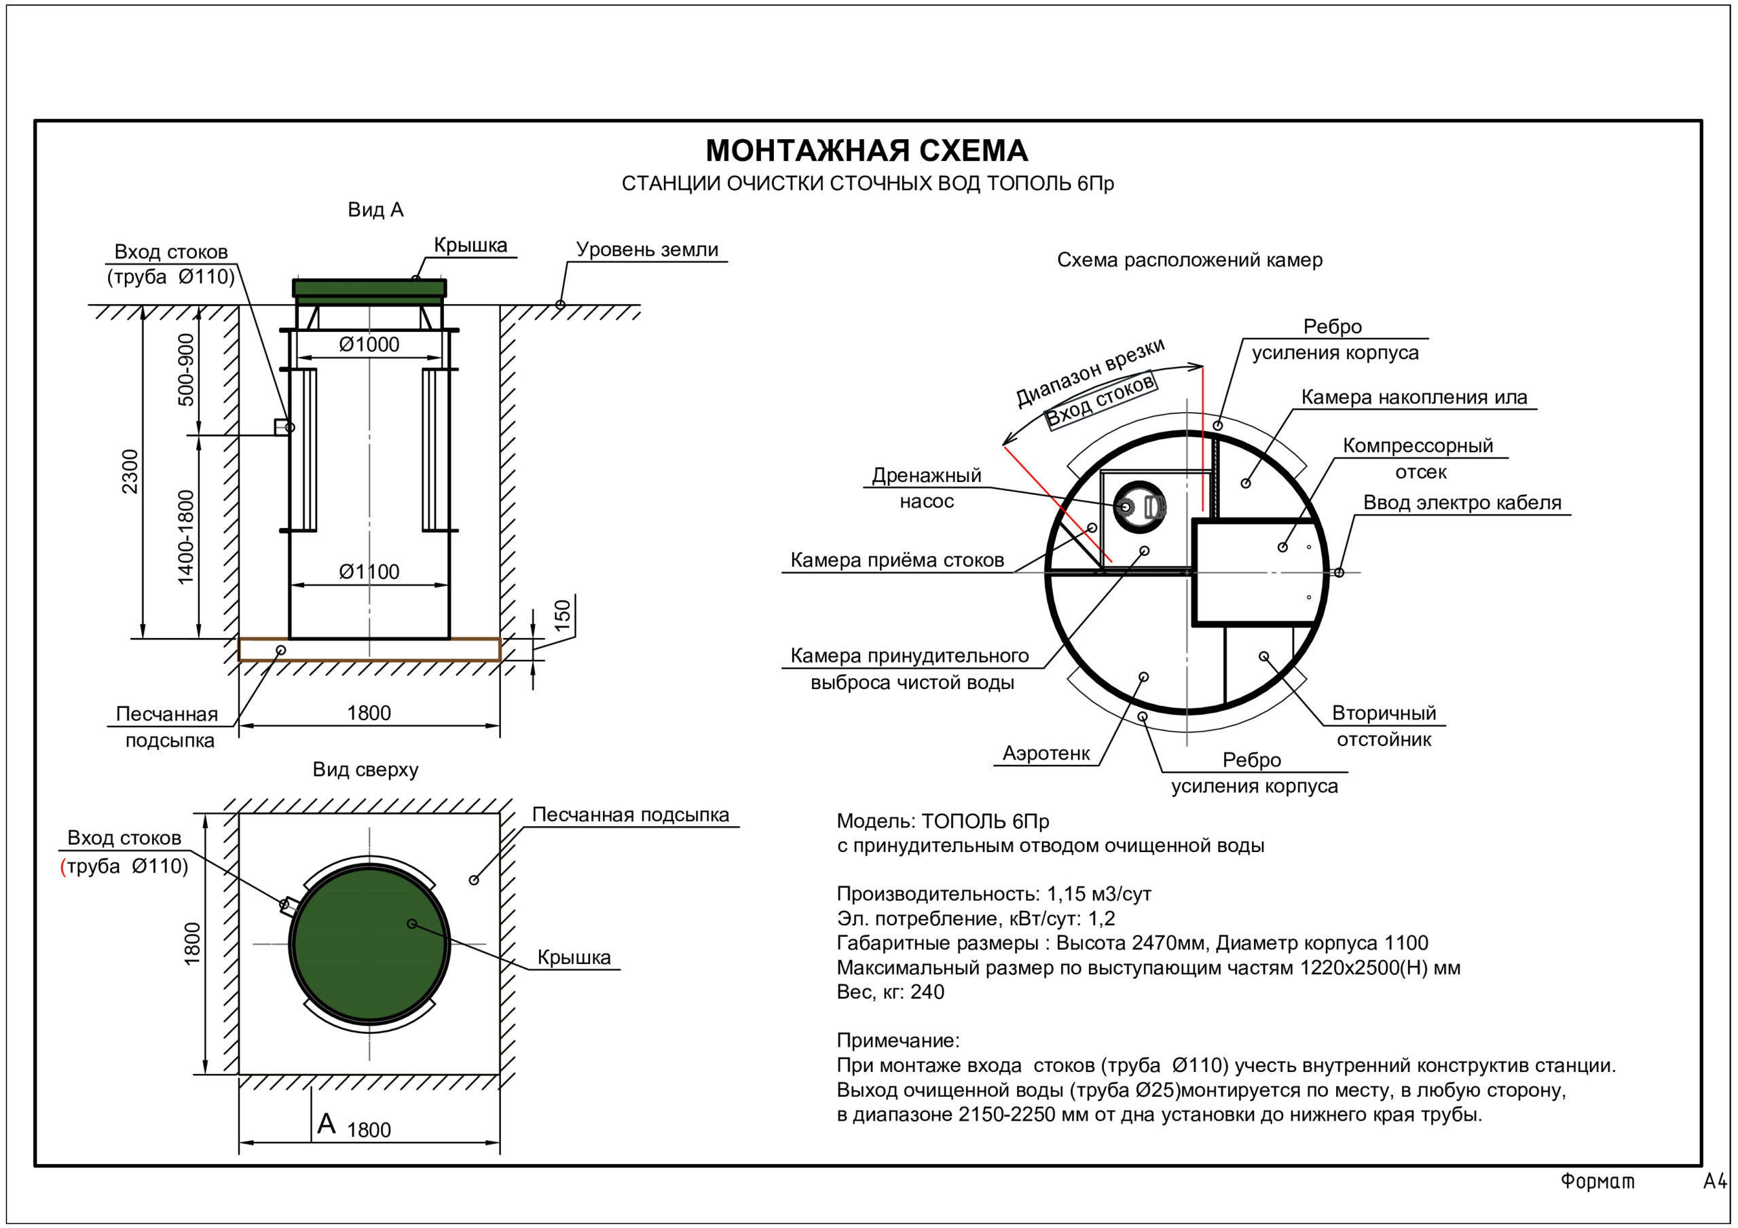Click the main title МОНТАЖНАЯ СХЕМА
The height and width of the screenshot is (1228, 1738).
click(867, 151)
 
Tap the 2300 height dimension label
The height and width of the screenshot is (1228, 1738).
click(130, 471)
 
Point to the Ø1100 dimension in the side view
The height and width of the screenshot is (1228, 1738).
click(369, 572)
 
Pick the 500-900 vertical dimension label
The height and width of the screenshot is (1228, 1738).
click(185, 369)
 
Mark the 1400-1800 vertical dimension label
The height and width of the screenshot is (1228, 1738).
click(185, 538)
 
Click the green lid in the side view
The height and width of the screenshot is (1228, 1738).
click(369, 289)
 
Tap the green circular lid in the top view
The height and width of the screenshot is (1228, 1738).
click(369, 944)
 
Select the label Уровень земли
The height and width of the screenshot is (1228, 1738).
click(647, 250)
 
